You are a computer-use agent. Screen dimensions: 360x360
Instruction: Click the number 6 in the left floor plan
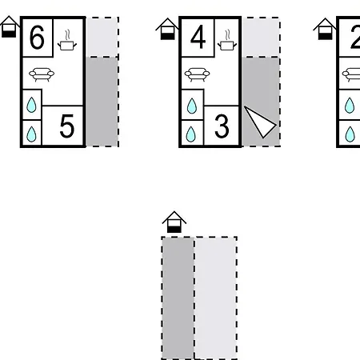point(37,38)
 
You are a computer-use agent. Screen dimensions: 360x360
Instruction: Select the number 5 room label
point(67,126)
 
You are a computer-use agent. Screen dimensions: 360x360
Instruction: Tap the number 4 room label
point(198,37)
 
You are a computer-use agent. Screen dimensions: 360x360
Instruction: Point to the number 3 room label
point(222,126)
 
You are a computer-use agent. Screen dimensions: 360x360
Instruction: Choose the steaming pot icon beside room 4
point(227,40)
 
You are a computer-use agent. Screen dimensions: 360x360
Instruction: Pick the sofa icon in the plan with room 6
point(42,74)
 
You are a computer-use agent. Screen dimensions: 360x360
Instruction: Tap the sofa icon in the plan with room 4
point(197,74)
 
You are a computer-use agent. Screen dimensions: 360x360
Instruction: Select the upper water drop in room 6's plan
point(31,105)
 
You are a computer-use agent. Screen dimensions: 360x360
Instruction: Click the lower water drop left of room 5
point(31,134)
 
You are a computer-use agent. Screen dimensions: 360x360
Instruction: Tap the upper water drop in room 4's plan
point(192,106)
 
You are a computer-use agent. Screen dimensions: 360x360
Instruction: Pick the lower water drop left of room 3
point(191,134)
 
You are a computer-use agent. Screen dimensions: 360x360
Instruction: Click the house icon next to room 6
point(10,26)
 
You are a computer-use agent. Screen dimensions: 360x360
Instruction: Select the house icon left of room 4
point(167,29)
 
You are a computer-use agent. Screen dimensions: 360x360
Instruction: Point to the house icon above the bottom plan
point(174,222)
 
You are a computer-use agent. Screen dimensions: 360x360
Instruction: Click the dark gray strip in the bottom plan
point(178,298)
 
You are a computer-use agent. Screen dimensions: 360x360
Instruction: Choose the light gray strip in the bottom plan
point(215,298)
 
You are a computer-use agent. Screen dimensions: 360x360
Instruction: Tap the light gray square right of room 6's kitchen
point(102,37)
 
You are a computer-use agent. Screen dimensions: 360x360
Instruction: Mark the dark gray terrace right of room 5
point(102,102)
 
